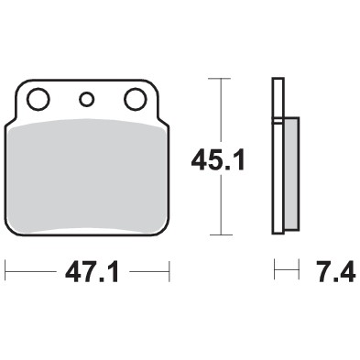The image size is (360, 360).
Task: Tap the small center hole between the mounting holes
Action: [x=88, y=99]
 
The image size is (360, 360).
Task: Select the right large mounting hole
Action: [x=134, y=98]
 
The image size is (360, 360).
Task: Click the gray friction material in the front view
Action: [x=88, y=174]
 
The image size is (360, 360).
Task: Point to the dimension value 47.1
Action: [x=88, y=273]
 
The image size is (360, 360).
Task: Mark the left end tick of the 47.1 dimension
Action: [x=6, y=272]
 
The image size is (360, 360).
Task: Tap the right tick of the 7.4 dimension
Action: [x=299, y=272]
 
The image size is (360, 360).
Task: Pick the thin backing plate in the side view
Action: [x=276, y=156]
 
